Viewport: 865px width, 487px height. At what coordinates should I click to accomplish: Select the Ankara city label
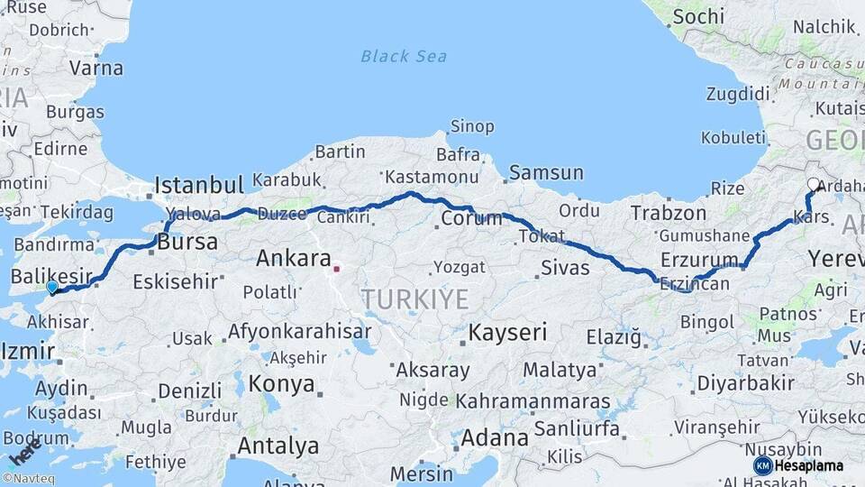coord(294,258)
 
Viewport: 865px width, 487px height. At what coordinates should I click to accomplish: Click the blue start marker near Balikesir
coord(52,287)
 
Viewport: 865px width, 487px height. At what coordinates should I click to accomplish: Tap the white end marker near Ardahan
coord(814,184)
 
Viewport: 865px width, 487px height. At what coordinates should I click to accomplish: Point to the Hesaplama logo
coord(798,465)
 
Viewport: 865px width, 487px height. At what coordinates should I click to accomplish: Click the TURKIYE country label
coord(414,299)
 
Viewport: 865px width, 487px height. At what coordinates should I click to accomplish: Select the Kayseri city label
coord(507,332)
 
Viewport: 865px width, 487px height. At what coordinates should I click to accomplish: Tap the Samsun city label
coord(546,171)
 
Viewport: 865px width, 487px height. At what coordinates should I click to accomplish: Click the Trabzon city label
coord(669,213)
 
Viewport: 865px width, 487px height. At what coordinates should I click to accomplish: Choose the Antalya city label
coord(278,446)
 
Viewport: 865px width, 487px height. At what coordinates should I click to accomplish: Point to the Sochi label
coord(698,16)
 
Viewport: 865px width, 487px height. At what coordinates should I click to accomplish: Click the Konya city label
coord(281,384)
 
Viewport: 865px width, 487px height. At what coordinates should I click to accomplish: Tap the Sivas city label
coord(565,267)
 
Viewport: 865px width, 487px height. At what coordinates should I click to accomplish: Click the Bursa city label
coord(187,243)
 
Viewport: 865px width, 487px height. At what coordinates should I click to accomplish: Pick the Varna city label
coord(96,68)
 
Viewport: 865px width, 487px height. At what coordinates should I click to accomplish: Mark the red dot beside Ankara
coord(336,268)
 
